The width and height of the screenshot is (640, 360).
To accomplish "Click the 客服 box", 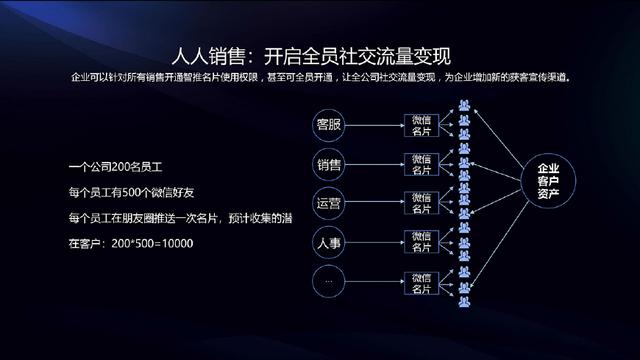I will pyautogui.click(x=329, y=124).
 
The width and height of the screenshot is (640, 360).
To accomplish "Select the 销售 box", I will pyautogui.click(x=329, y=163).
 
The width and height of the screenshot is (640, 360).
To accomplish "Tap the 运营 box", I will pyautogui.click(x=329, y=202).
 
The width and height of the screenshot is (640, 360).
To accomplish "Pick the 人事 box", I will pyautogui.click(x=329, y=241).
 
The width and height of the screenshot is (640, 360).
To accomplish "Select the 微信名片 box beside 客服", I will pyautogui.click(x=419, y=124).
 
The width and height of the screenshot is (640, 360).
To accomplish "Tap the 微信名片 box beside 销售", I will pyautogui.click(x=419, y=163).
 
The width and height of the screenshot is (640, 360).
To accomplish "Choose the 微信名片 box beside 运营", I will pyautogui.click(x=419, y=202).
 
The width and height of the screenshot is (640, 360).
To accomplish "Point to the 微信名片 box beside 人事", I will pyautogui.click(x=419, y=241).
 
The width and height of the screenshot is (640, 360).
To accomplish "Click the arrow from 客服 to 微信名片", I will pyautogui.click(x=375, y=124).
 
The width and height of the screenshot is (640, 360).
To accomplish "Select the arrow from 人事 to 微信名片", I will pyautogui.click(x=375, y=241).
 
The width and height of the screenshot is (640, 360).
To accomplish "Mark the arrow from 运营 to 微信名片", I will pyautogui.click(x=375, y=202).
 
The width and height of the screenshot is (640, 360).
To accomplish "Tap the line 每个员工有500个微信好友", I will pyautogui.click(x=130, y=192).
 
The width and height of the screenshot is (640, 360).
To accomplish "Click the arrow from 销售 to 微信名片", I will pyautogui.click(x=375, y=163).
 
